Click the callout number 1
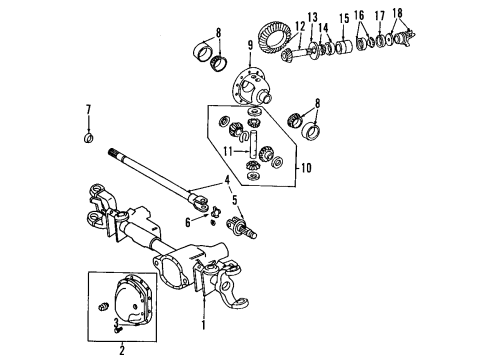tap(204, 325)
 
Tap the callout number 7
tap(87, 109)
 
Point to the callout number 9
tap(249, 45)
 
